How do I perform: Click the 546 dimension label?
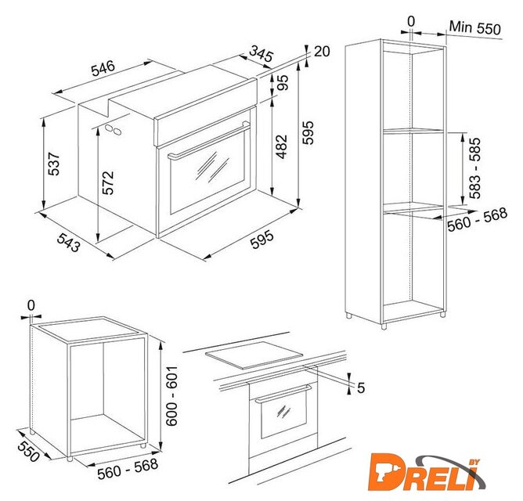tap(103, 68)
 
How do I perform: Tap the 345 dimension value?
tap(261, 54)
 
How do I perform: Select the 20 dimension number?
tap(322, 52)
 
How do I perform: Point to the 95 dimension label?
tap(282, 82)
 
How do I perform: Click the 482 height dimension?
tap(281, 146)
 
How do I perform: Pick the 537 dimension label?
tap(54, 164)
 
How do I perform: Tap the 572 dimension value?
tap(108, 183)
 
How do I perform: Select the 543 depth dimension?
tap(68, 242)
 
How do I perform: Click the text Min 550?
tap(475, 27)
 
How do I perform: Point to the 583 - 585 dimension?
tap(474, 168)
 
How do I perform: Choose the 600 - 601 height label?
tap(171, 395)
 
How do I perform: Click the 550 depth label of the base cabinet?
tap(28, 451)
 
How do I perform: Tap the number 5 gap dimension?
tap(361, 388)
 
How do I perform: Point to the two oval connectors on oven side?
tap(113, 129)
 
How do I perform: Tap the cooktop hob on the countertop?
tap(254, 355)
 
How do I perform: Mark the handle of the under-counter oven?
tap(283, 393)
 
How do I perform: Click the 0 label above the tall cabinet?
tap(411, 22)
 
